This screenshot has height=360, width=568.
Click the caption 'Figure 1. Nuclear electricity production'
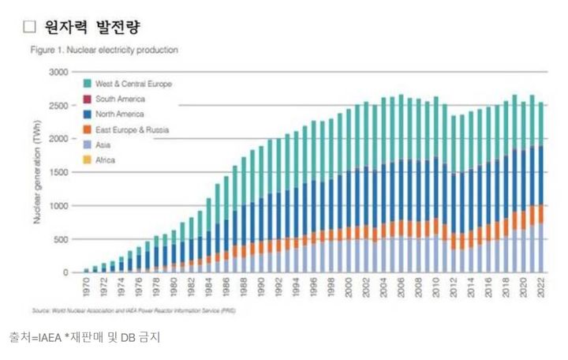click(104, 50)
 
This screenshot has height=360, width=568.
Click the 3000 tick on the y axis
click(59, 72)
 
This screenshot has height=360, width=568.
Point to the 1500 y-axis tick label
click(59, 172)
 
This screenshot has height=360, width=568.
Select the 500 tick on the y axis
click(62, 239)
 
